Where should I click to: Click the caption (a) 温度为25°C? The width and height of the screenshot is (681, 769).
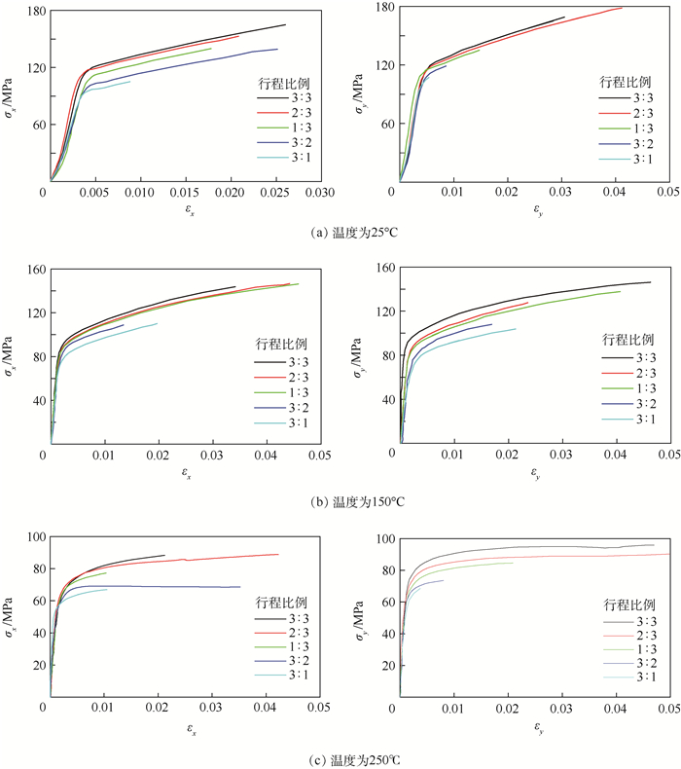pyautogui.click(x=340, y=232)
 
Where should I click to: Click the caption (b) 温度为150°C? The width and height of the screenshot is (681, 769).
pyautogui.click(x=340, y=501)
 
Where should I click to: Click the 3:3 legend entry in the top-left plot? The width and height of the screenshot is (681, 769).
pyautogui.click(x=287, y=97)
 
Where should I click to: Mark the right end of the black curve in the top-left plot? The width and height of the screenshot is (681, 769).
pyautogui.click(x=285, y=25)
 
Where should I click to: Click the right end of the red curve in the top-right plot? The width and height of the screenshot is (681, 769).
pyautogui.click(x=622, y=8)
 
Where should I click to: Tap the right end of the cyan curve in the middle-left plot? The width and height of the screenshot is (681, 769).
pyautogui.click(x=158, y=324)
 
